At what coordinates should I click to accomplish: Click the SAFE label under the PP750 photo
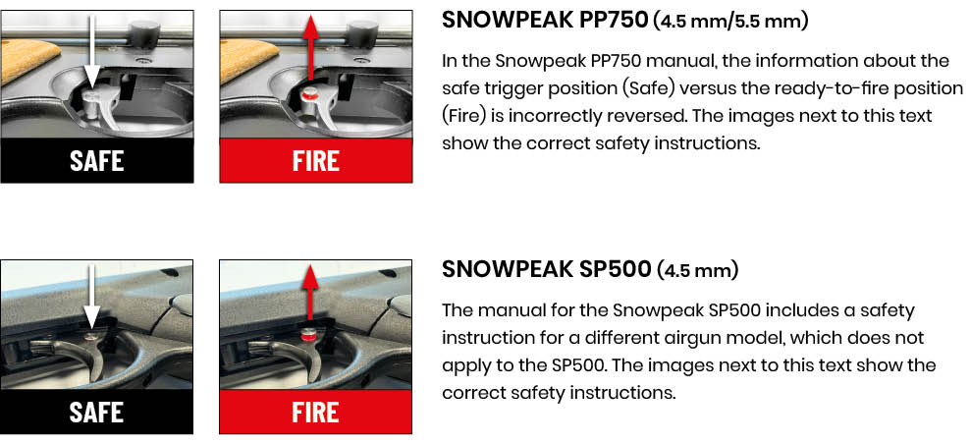coord(96,160)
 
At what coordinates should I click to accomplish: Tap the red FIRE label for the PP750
coord(315,160)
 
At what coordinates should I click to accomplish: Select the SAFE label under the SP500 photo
coord(96,413)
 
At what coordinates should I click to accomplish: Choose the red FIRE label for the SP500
coord(315,413)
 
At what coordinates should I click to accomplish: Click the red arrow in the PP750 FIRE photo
coord(311,51)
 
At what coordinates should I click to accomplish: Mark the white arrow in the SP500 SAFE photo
coord(91,296)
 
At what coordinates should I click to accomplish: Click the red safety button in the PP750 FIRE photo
coord(310,94)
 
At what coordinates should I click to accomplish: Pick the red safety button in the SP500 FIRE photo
coord(308,336)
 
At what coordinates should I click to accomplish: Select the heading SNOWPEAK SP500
coord(546,269)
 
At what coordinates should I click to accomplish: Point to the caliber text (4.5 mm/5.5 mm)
coord(730,22)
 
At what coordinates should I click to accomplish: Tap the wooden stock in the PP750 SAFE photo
coord(25,59)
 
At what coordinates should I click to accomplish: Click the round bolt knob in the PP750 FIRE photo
coord(363,31)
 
